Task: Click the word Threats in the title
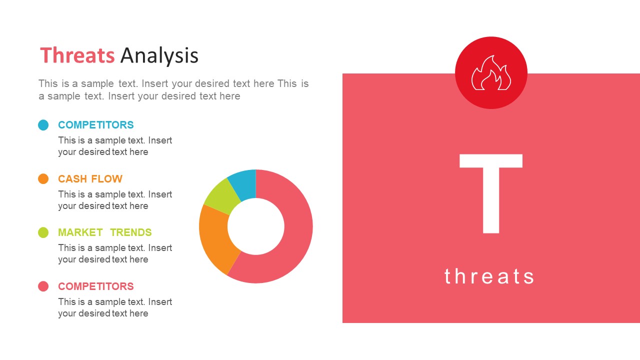77,55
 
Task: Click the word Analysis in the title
159,56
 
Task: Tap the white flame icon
491,72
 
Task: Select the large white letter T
491,193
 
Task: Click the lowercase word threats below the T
489,276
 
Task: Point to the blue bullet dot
43,125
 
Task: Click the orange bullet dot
43,179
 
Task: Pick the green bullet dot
43,232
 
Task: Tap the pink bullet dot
43,286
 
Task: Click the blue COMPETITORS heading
96,125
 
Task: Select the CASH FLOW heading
90,179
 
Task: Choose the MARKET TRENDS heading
105,232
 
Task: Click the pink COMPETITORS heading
96,286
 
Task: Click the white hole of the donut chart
255,226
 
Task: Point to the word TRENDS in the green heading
131,232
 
